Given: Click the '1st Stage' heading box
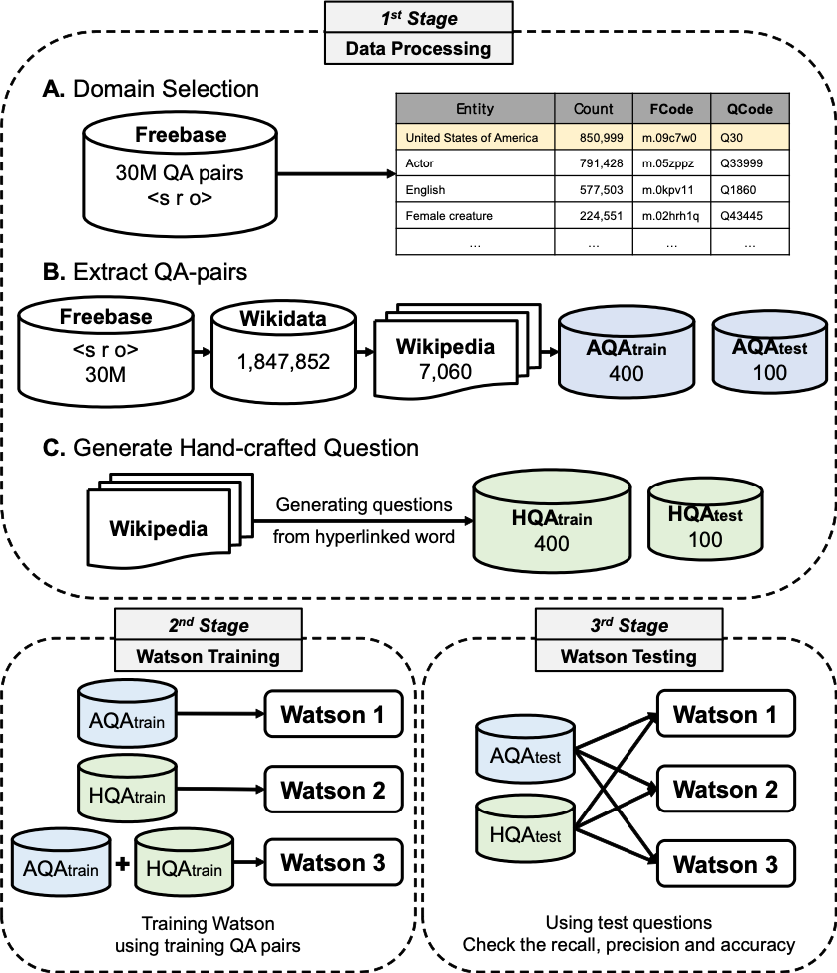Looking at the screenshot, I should click(x=418, y=18).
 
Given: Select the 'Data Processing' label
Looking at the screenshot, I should click(x=418, y=48).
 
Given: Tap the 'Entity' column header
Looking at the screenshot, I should click(x=475, y=109).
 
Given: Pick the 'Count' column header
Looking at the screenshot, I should click(x=594, y=109).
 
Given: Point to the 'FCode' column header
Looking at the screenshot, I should click(x=671, y=109).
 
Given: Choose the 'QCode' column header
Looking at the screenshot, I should click(x=749, y=109).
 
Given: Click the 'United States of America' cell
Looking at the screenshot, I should click(x=475, y=137).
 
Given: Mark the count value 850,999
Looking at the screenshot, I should click(x=594, y=137).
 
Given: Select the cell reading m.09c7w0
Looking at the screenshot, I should click(x=671, y=137).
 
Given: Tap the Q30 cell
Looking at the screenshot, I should click(x=749, y=137).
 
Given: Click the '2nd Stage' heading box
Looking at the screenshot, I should click(x=208, y=625).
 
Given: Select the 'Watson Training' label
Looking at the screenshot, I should click(x=208, y=656).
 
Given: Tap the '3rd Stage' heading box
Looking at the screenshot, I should click(x=628, y=625).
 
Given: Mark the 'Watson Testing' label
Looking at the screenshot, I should click(x=628, y=656).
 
